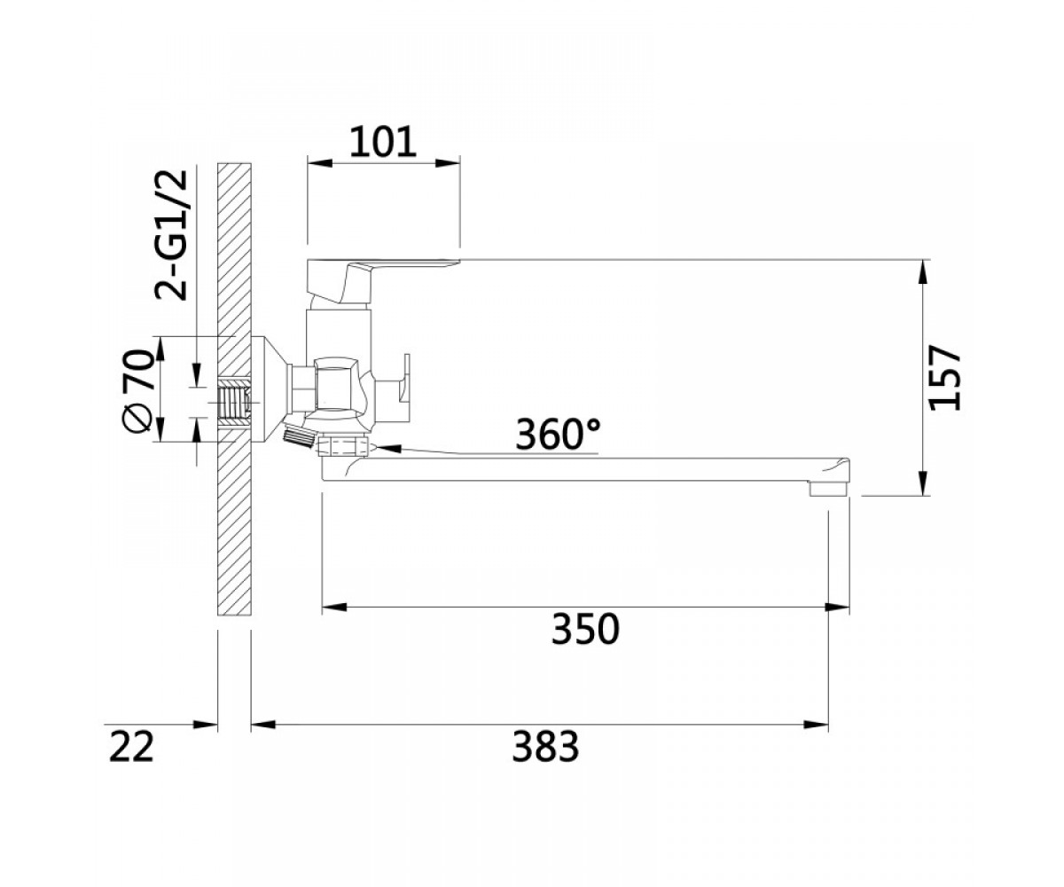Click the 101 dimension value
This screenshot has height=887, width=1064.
coord(383,142)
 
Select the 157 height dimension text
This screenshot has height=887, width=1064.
coord(945,378)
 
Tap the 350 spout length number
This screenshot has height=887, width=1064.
coord(585,629)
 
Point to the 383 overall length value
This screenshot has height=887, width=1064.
coord(545,746)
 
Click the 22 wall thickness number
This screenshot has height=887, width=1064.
coord(131,746)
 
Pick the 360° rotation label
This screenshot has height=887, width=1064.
coord(558,435)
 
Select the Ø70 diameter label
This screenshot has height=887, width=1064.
coord(138,391)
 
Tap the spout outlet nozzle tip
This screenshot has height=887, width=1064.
coord(829,489)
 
